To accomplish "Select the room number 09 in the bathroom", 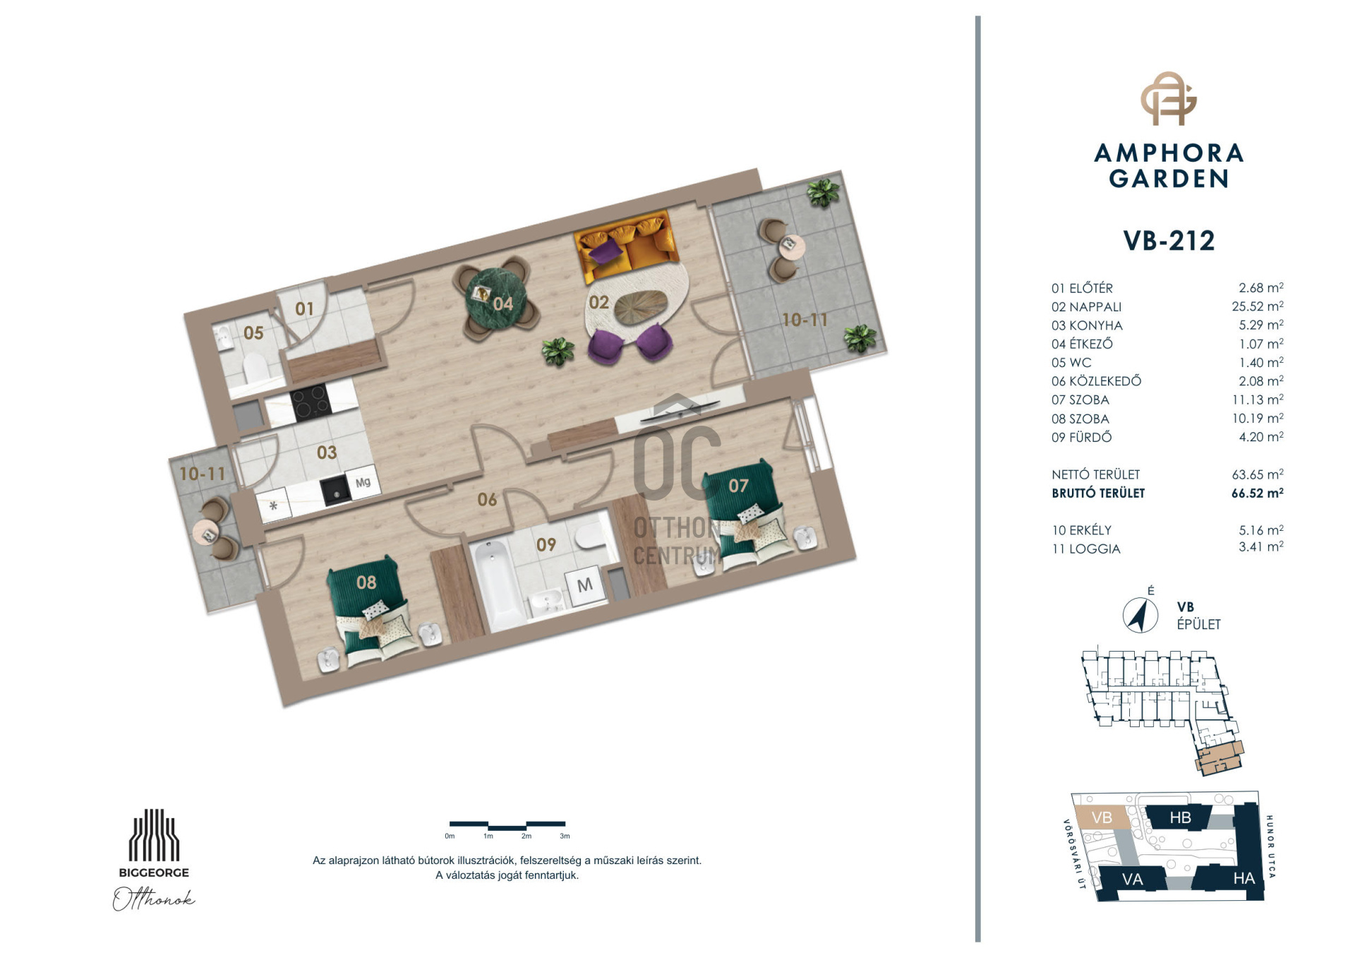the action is click(546, 544).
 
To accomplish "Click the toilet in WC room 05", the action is click(255, 367).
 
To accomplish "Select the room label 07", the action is click(738, 486).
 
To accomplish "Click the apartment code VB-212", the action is click(1169, 241).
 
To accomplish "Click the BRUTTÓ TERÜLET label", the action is click(1098, 493).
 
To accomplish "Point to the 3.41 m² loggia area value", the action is click(1261, 547).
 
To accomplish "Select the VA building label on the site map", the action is click(1133, 880).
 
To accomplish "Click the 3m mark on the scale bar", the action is click(565, 836).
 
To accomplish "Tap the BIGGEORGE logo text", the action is click(154, 873).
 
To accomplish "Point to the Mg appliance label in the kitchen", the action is click(363, 482).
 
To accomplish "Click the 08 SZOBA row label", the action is click(1080, 419).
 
